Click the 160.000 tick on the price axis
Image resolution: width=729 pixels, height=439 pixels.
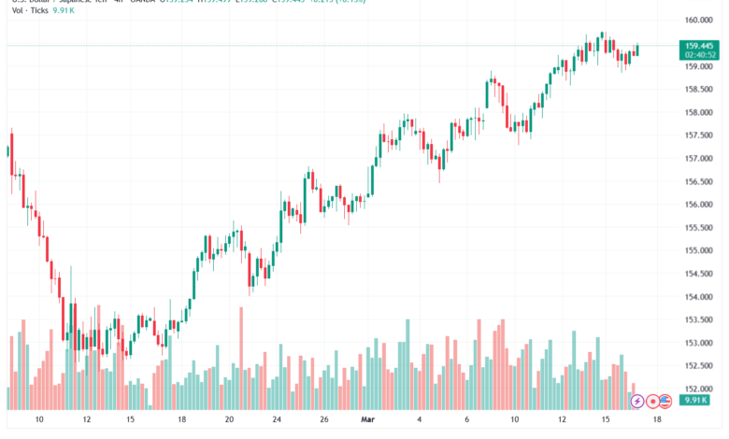[x=700, y=20]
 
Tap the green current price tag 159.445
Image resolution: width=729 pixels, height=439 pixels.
[x=700, y=45]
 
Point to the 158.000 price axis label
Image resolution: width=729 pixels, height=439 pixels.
[x=700, y=112]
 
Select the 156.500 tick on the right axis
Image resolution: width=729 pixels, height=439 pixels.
[x=700, y=181]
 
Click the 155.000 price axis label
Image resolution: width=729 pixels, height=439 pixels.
[x=700, y=250]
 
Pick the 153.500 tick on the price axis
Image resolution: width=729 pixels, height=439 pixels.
[x=700, y=319]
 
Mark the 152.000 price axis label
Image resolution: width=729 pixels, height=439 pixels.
[x=700, y=389]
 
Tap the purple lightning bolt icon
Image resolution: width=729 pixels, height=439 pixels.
[x=637, y=401]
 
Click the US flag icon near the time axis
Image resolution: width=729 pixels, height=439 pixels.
[x=666, y=401]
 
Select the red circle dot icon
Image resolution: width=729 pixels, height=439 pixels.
[x=652, y=401]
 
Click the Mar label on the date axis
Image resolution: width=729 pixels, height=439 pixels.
[x=367, y=420]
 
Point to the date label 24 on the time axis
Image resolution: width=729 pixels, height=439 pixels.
[x=276, y=420]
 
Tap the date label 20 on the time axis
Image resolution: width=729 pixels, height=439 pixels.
[x=229, y=420]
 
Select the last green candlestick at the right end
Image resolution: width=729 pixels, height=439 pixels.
[x=636, y=49]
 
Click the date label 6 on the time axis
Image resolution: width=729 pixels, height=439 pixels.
[x=467, y=420]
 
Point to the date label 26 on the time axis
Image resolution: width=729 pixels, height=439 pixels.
[x=322, y=420]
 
